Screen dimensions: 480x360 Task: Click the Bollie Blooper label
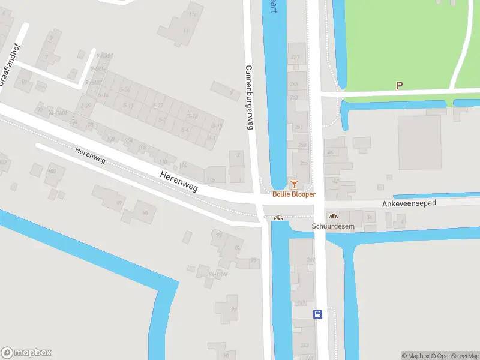click(294, 194)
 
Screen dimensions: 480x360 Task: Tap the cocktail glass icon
click(294, 184)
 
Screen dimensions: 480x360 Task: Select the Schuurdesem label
click(333, 226)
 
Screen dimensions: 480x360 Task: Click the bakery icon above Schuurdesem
click(333, 217)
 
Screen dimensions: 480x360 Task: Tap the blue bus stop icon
click(317, 313)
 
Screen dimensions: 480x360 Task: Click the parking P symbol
click(399, 86)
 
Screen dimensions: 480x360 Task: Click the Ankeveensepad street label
click(409, 204)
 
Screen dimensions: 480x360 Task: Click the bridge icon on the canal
click(278, 218)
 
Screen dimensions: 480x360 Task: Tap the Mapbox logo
click(26, 352)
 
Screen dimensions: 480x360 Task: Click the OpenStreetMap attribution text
click(456, 356)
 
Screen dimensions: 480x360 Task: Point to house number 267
click(295, 58)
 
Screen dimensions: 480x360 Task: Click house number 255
click(304, 163)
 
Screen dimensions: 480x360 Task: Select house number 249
click(310, 260)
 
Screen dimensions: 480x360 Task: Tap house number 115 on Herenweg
click(210, 179)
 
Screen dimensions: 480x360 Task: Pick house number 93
click(234, 310)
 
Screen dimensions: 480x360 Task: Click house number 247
click(301, 303)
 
